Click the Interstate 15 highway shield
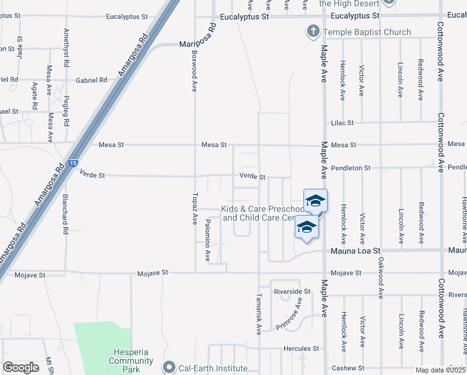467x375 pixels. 74,163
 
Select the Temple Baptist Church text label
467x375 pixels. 366,32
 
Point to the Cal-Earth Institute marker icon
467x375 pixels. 168,368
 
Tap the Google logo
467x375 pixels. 21,367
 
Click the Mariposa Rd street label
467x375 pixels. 198,37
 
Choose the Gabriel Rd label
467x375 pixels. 91,80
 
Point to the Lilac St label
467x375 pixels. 343,123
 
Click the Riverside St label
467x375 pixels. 292,292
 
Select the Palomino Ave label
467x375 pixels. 208,240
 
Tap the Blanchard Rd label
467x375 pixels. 65,214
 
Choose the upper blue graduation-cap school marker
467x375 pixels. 315,200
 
